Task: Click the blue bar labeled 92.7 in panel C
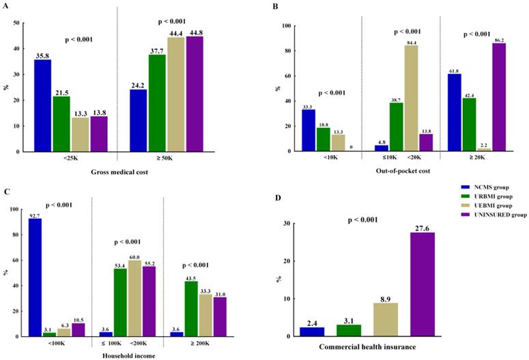[34, 277]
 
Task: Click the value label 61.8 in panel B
[454, 70]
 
